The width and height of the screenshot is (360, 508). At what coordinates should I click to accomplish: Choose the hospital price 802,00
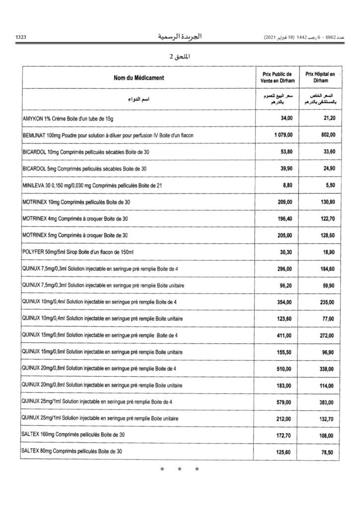328,135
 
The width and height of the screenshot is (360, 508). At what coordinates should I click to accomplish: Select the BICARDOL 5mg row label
85,169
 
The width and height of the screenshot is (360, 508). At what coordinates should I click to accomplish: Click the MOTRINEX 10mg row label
76,202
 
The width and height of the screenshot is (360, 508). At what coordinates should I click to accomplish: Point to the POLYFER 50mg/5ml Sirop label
78,253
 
